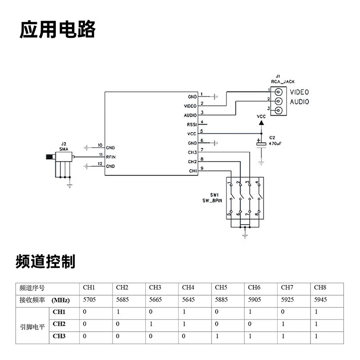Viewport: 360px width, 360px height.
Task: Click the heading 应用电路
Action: pyautogui.click(x=58, y=30)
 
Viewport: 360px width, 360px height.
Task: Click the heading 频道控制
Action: pyautogui.click(x=45, y=261)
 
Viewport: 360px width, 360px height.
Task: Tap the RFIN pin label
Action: pyautogui.click(x=110, y=157)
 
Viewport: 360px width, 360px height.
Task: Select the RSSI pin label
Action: pyautogui.click(x=191, y=125)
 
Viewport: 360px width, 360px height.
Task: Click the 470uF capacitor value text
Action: pyautogui.click(x=275, y=143)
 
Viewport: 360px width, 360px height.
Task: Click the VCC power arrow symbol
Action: pyautogui.click(x=261, y=122)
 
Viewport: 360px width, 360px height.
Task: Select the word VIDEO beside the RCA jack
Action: pyautogui.click(x=299, y=92)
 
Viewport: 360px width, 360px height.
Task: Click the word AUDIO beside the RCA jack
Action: pyautogui.click(x=299, y=102)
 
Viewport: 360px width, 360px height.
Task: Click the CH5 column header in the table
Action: pyautogui.click(x=221, y=288)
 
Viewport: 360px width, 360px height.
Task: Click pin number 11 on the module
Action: pyautogui.click(x=100, y=154)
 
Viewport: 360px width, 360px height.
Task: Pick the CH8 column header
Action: pyautogui.click(x=319, y=288)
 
